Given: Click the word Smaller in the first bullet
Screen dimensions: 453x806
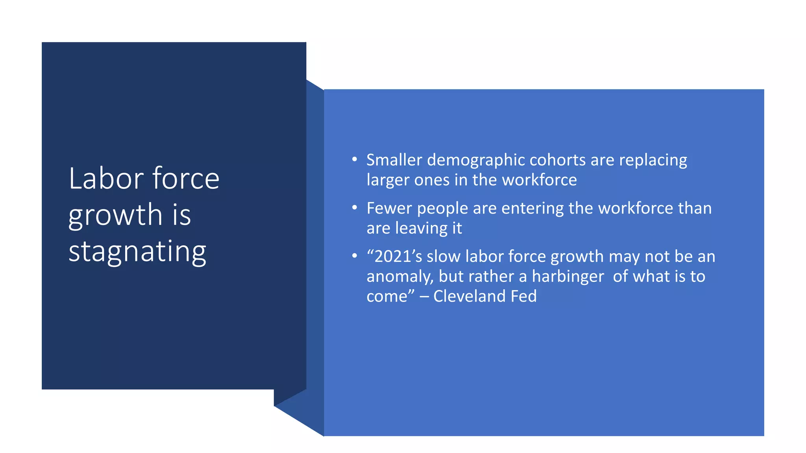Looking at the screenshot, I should tap(394, 160).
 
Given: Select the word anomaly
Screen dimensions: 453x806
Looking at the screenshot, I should tap(400, 277).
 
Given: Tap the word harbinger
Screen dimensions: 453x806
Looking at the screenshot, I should tap(568, 277).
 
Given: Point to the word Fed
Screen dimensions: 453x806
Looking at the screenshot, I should tap(523, 296).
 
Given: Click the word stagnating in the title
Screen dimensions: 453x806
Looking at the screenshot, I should tap(137, 252).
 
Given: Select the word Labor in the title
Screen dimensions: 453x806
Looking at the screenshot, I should tap(106, 179).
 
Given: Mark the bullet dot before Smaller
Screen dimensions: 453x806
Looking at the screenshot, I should tap(355, 159).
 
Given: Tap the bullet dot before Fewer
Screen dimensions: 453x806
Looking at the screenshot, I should tap(355, 207).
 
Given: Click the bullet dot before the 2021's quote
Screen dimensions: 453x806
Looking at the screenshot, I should tap(355, 256).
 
